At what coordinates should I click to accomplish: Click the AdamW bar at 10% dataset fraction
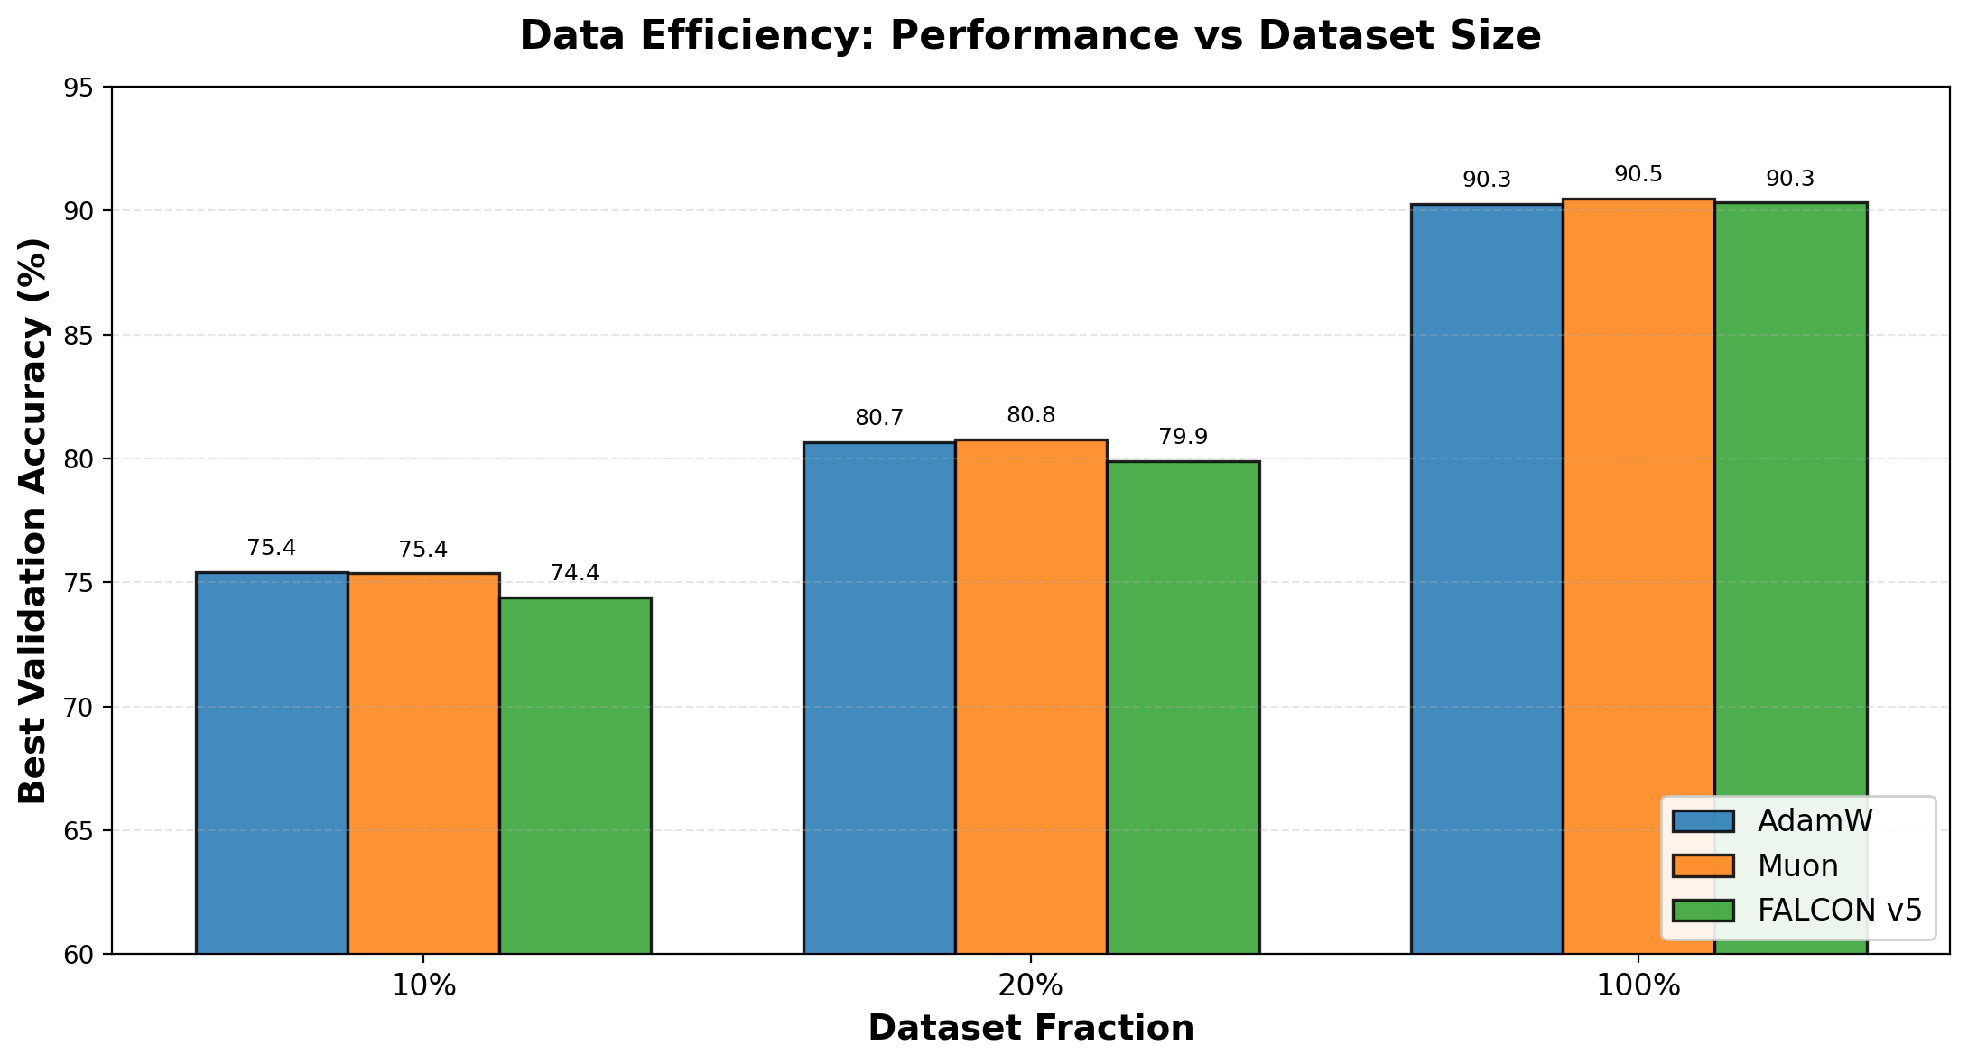272,763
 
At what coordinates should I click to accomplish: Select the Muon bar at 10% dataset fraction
423,763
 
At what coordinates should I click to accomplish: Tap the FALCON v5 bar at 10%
575,775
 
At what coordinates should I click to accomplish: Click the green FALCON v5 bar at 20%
1183,708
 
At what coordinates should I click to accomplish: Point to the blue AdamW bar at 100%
1487,578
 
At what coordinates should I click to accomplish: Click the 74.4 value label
575,573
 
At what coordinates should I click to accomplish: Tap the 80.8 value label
1031,415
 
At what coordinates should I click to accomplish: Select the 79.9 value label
1183,437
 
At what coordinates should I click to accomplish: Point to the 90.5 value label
1638,175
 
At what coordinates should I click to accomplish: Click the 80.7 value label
879,418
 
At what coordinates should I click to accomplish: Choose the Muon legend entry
1797,866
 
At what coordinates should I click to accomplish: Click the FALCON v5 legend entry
1839,911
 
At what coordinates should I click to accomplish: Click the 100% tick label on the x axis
1638,986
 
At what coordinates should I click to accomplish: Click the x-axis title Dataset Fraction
1031,1029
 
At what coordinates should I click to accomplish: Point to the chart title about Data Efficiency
1031,36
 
